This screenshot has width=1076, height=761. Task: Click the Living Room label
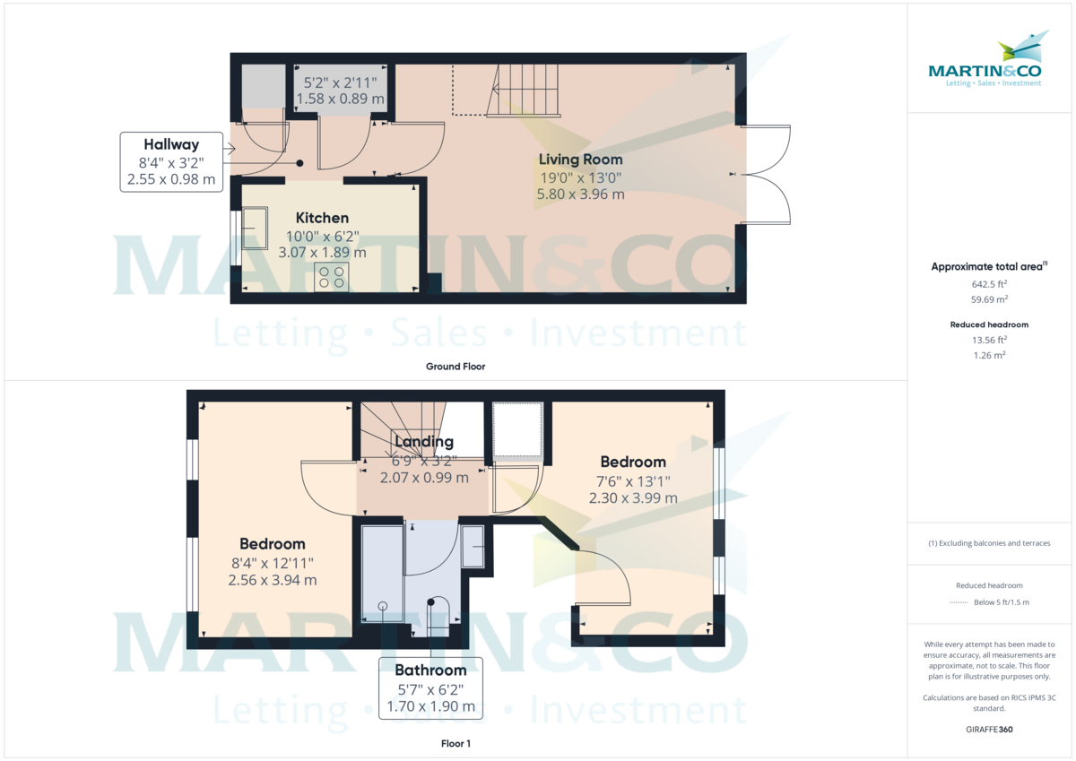click(x=580, y=160)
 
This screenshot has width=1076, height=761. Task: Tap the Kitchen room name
click(x=322, y=218)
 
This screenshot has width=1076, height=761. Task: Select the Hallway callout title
click(x=171, y=144)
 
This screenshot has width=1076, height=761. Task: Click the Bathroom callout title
click(x=430, y=670)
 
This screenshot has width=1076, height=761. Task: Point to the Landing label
click(x=423, y=442)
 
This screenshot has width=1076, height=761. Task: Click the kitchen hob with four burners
click(x=331, y=277)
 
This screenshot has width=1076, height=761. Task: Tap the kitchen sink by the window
click(x=254, y=229)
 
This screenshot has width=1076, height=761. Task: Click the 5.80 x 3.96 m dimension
click(x=580, y=194)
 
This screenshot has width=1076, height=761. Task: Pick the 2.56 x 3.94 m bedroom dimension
click(x=273, y=580)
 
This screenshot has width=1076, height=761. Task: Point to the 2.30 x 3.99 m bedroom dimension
click(x=633, y=498)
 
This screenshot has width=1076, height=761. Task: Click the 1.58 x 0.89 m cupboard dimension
click(x=341, y=99)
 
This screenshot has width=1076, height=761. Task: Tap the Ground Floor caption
click(x=456, y=367)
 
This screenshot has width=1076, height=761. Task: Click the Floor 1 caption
click(x=456, y=743)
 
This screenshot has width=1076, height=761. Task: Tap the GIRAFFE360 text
click(x=990, y=730)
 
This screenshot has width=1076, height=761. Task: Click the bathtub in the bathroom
click(x=382, y=574)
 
